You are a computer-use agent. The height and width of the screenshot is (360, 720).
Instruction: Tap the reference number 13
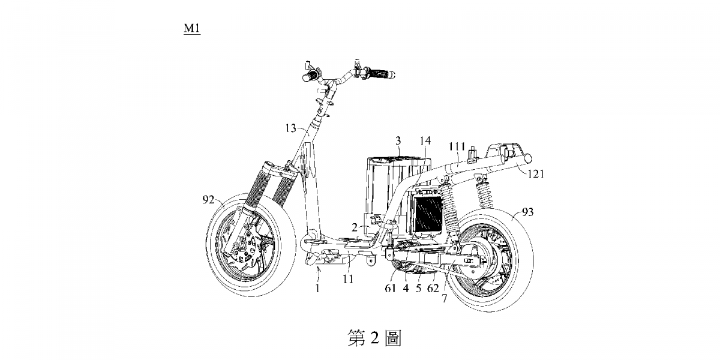click(290, 128)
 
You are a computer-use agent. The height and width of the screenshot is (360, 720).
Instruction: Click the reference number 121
click(536, 174)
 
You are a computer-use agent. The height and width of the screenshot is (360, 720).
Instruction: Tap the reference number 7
click(445, 297)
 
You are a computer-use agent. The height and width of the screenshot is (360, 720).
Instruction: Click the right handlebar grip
click(379, 74)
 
